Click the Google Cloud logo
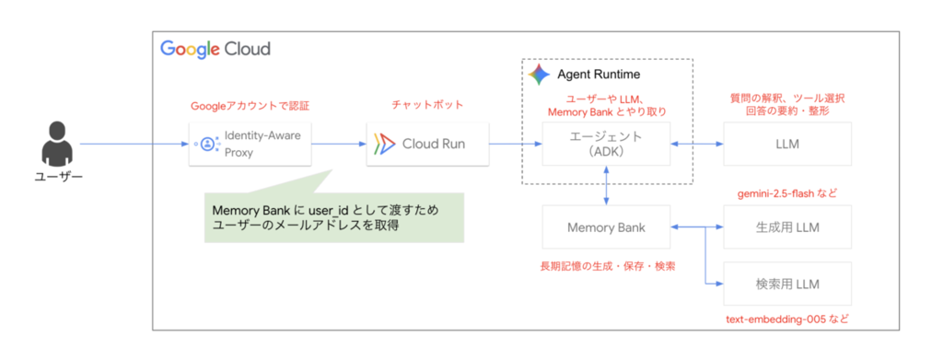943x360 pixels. (215, 50)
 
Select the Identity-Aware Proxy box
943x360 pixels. (250, 144)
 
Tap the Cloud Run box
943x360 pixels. (427, 144)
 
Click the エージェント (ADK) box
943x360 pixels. (606, 144)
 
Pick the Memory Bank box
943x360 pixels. (606, 227)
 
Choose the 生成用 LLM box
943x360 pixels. (788, 227)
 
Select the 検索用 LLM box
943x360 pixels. (788, 284)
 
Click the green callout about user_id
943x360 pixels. (333, 217)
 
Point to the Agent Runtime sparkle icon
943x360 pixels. (539, 75)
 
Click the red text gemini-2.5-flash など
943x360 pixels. (787, 194)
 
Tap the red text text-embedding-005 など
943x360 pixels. (787, 318)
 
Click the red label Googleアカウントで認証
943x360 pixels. (250, 106)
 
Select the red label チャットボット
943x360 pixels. (427, 105)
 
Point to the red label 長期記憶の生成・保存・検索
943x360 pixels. (606, 266)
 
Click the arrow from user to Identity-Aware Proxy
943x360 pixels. (134, 144)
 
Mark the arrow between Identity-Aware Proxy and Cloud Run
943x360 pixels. (339, 144)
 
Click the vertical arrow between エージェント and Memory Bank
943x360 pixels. (606, 186)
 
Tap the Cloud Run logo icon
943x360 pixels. (384, 145)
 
